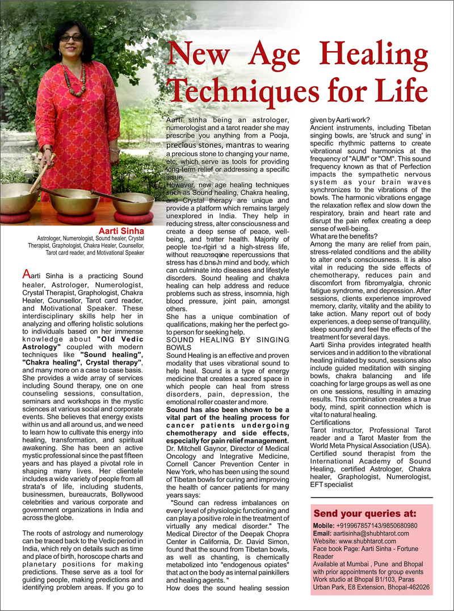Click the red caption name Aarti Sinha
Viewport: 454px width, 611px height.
pyautogui.click(x=121, y=231)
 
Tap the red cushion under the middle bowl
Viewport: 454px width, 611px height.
pyautogui.click(x=76, y=218)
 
